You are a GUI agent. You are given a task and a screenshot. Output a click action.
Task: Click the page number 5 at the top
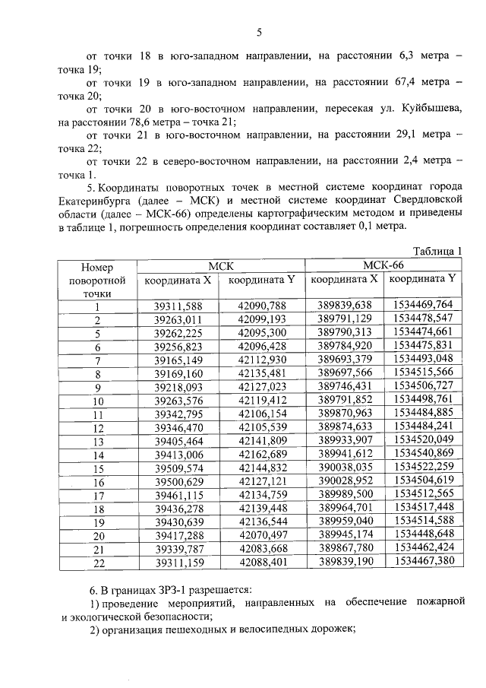(259, 32)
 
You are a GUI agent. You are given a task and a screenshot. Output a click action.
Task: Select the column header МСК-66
(383, 265)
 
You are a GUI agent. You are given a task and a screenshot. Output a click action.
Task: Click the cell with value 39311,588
(178, 306)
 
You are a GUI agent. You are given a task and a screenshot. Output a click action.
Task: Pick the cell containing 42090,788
(261, 306)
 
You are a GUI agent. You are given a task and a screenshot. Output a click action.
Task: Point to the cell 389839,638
(344, 306)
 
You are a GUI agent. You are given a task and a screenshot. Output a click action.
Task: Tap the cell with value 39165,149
(178, 360)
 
